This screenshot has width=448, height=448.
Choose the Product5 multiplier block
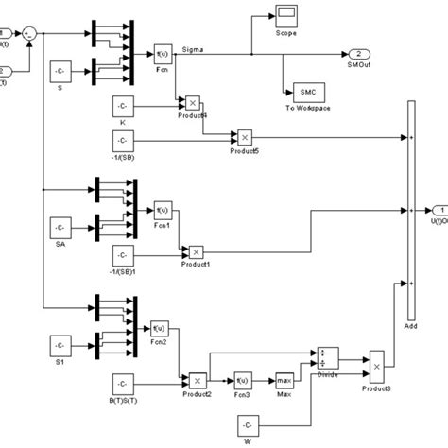click(244, 136)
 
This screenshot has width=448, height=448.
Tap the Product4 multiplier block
click(192, 103)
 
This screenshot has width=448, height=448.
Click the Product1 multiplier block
click(195, 252)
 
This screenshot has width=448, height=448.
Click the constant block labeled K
click(126, 107)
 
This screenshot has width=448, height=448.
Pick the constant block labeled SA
click(60, 227)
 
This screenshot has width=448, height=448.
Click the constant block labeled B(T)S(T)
click(126, 383)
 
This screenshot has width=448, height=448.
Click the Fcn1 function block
click(163, 209)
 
